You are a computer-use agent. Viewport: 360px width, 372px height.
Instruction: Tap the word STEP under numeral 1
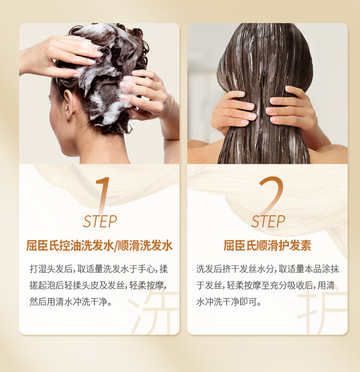pos(100,222)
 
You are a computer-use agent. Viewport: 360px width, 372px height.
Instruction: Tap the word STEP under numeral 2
pos(268,222)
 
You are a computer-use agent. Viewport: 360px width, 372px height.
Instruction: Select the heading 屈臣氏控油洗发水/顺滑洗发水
pos(99,245)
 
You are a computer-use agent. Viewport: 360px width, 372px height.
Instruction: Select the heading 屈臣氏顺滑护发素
pos(267,245)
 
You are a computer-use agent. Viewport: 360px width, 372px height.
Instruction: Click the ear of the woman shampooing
pos(69,104)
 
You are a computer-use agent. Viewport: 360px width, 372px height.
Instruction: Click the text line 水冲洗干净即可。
pos(229,302)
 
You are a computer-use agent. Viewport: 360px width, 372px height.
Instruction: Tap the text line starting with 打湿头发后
pos(98,269)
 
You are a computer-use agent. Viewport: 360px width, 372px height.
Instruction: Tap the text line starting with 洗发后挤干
pos(268,269)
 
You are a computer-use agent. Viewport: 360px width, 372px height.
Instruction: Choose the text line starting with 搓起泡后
pos(97,285)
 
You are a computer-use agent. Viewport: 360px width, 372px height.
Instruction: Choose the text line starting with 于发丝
pos(265,285)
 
